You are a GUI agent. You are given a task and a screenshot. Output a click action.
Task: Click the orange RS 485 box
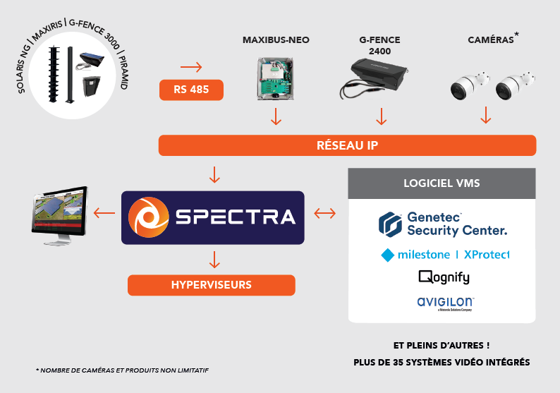(192, 90)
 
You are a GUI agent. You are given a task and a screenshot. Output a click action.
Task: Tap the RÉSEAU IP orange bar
(347, 145)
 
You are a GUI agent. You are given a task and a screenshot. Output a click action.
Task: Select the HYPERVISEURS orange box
(212, 285)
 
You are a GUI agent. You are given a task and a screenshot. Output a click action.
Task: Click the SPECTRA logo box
(213, 217)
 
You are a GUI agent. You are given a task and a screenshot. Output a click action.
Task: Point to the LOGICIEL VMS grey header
(442, 183)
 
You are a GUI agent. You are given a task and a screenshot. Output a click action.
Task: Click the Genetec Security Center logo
(442, 224)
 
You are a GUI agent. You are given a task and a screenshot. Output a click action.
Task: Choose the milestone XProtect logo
(445, 255)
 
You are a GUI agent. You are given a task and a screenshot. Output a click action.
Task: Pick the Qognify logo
(444, 277)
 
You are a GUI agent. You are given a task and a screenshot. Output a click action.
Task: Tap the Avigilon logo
(445, 303)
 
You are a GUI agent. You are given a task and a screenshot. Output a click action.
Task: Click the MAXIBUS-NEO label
(276, 40)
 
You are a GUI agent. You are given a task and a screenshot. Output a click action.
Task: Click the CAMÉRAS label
(491, 40)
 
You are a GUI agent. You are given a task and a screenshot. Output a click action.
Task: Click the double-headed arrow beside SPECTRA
(324, 212)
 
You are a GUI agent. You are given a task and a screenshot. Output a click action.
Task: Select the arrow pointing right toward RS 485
(191, 68)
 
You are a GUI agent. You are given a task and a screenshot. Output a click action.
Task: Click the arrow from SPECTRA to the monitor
(104, 212)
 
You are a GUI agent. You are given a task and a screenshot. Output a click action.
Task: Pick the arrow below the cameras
(485, 116)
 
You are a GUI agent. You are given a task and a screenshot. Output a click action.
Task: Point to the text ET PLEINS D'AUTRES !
(442, 346)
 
